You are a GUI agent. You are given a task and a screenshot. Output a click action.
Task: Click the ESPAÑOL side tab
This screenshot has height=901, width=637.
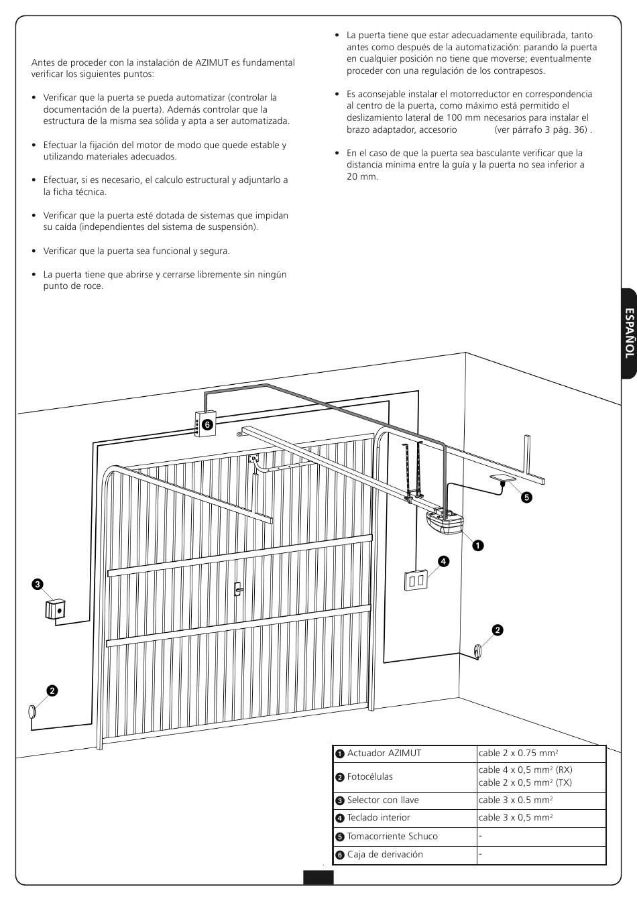click(628, 333)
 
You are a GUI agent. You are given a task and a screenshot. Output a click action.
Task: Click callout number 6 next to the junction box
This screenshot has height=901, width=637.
click(207, 424)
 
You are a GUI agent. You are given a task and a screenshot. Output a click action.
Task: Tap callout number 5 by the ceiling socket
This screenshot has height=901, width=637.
click(526, 497)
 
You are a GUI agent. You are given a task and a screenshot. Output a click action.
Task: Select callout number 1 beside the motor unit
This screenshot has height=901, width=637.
click(477, 545)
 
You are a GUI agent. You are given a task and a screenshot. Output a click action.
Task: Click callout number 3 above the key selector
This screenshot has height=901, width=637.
click(38, 584)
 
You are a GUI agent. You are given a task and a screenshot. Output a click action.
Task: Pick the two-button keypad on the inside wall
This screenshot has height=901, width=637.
click(416, 581)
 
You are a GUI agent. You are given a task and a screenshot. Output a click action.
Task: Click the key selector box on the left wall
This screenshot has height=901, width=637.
click(56, 609)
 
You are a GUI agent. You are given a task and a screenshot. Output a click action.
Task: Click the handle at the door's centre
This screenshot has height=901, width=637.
click(237, 589)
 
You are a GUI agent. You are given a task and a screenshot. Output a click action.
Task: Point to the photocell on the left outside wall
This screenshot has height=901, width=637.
click(31, 712)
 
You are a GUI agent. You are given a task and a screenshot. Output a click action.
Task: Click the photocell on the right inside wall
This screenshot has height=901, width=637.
click(478, 650)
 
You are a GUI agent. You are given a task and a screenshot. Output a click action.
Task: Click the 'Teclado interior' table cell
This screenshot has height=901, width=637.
click(378, 817)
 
